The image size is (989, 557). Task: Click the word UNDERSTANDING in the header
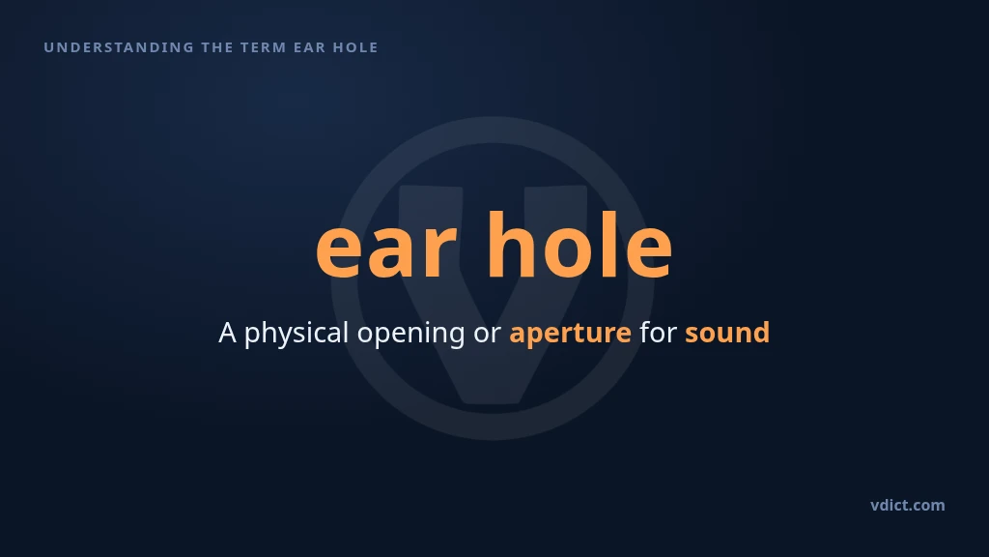119,47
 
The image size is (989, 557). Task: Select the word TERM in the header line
264,47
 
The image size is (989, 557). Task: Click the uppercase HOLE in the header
355,47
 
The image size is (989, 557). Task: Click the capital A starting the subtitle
227,333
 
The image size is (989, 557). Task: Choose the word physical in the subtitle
297,334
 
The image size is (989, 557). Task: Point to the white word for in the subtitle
658,333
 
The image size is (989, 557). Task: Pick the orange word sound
727,333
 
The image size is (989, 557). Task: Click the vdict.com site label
908,505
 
